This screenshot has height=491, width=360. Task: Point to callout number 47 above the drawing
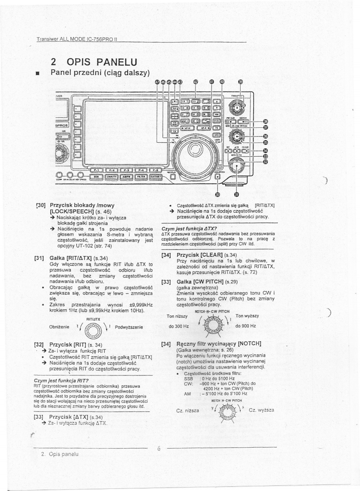point(157,81)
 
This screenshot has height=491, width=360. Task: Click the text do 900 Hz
point(247,326)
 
